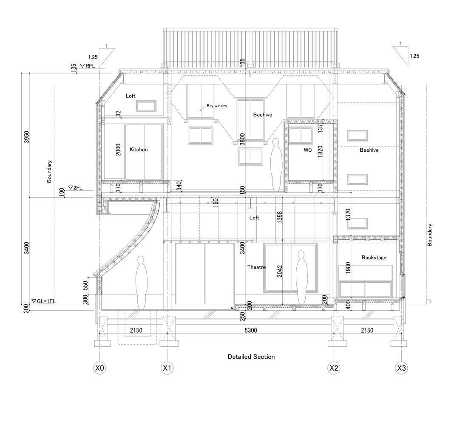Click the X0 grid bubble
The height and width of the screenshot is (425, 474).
point(99,368)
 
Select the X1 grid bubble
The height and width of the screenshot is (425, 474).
point(167,368)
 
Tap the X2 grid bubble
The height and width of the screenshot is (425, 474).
point(334,368)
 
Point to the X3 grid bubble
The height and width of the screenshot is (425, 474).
point(401,368)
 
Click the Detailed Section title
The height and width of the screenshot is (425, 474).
point(251,357)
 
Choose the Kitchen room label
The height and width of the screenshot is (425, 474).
point(139,149)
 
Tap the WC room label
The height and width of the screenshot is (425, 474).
point(308,150)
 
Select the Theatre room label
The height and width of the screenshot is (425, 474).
point(256,267)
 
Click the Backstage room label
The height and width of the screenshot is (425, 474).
point(374,258)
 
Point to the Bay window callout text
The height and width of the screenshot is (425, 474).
point(217,106)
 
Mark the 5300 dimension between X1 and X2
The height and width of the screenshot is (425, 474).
point(250,330)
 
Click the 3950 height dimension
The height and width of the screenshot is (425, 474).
point(27,137)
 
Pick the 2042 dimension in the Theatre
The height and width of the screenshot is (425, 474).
point(279,271)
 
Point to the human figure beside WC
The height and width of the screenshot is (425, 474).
point(276,165)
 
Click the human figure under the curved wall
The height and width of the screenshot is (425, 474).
point(141,283)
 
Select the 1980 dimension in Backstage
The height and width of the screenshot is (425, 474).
point(348,268)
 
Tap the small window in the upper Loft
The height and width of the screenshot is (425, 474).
point(146,106)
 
